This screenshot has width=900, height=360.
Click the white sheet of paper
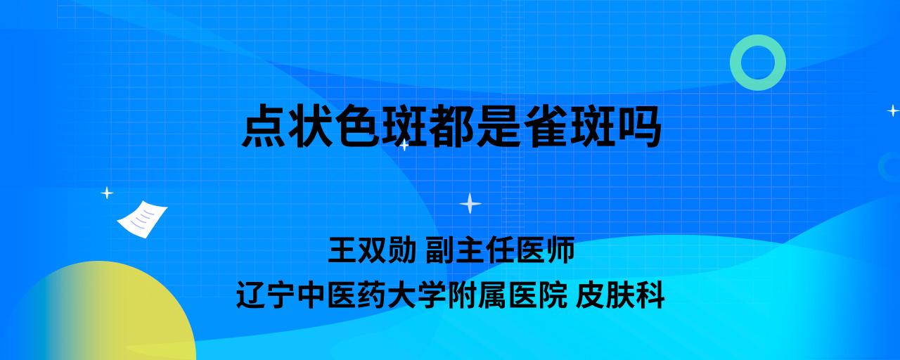(x=142, y=219)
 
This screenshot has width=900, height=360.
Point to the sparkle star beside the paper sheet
(x=107, y=193)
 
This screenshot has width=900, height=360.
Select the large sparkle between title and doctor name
(x=470, y=203)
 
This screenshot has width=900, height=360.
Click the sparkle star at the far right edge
(x=893, y=110)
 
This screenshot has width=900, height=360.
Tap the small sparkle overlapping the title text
(x=404, y=146)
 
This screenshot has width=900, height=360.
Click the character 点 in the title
(x=264, y=125)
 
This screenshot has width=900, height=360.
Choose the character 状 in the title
(x=311, y=125)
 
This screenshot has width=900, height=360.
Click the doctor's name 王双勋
(x=372, y=250)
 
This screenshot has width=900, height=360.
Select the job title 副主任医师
(x=500, y=250)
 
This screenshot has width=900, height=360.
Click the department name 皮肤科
(x=620, y=295)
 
